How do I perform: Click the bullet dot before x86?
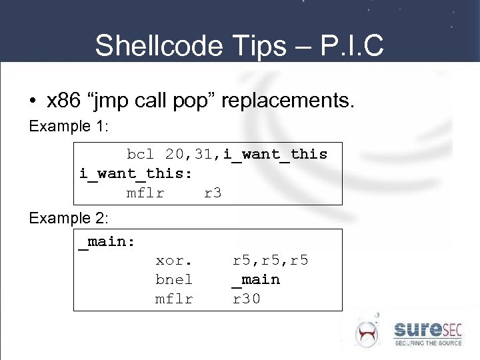(x=33, y=101)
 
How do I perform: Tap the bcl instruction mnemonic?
(x=141, y=154)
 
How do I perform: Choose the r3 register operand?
(x=213, y=193)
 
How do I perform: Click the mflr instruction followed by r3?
(x=145, y=193)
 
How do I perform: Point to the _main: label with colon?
(x=107, y=241)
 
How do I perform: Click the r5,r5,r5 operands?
(x=270, y=260)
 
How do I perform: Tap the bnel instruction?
(x=174, y=279)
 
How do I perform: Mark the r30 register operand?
(x=247, y=299)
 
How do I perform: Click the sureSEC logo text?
(x=427, y=329)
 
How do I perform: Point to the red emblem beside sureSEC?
(x=367, y=332)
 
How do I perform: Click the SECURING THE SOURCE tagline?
(x=427, y=343)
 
